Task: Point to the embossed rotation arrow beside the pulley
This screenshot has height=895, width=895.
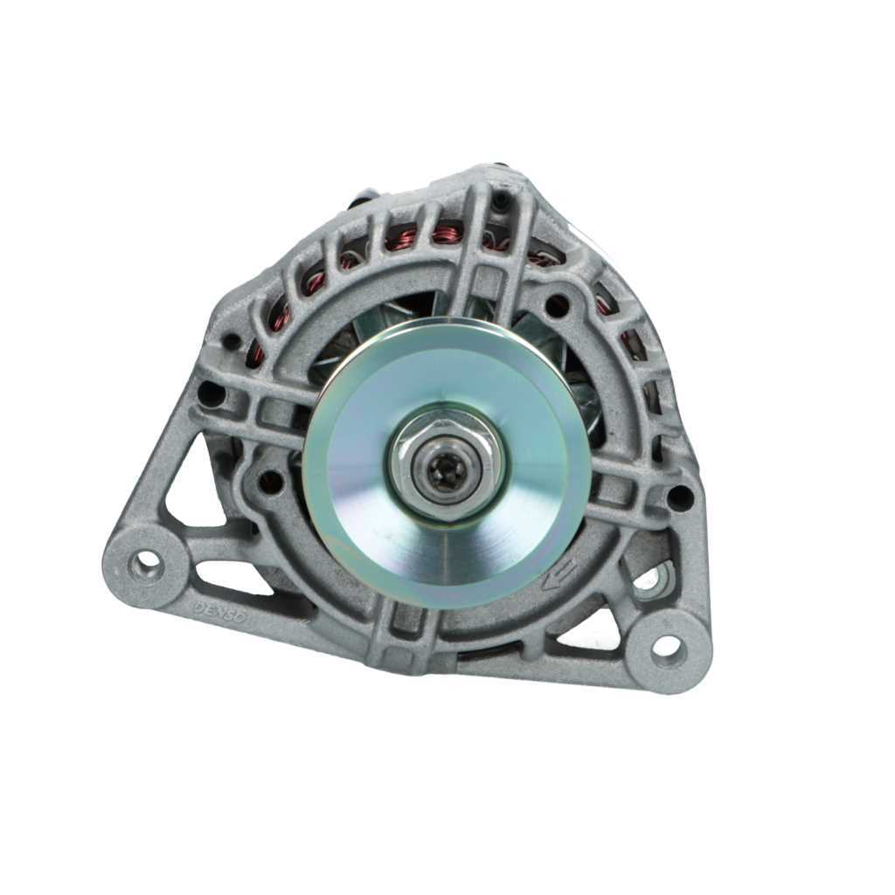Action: pyautogui.click(x=556, y=573)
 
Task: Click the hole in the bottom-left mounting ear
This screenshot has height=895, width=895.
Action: pyautogui.click(x=145, y=563)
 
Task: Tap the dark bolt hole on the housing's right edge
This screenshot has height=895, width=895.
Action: pyautogui.click(x=678, y=497)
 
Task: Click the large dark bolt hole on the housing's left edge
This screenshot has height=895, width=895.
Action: pyautogui.click(x=211, y=394)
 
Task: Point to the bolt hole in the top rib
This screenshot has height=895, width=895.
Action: pyautogui.click(x=503, y=202)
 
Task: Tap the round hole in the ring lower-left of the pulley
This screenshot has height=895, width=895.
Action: pyautogui.click(x=271, y=480)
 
